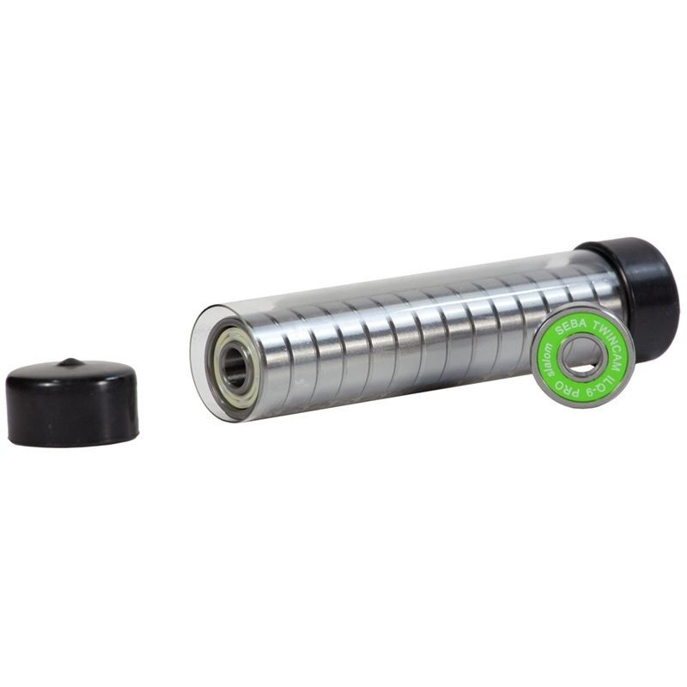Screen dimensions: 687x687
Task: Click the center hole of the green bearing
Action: pyautogui.click(x=582, y=356)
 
